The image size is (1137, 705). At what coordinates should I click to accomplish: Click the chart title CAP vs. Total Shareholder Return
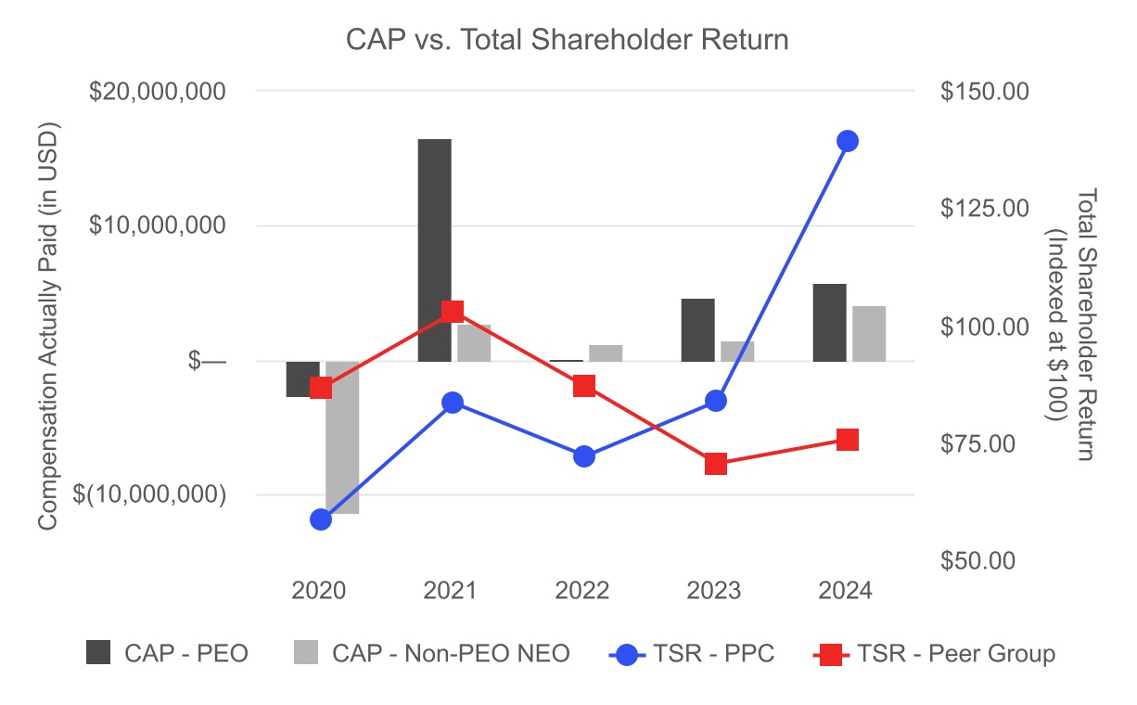(567, 41)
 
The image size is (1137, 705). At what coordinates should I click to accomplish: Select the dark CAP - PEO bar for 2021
(434, 250)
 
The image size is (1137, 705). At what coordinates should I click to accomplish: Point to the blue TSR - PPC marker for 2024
(848, 141)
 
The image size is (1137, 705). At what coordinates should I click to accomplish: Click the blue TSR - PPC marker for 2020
(321, 519)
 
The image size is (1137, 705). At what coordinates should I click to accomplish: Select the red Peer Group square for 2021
(453, 312)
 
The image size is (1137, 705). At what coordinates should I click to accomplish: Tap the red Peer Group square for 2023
(715, 464)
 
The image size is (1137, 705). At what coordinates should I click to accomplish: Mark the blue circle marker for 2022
(584, 456)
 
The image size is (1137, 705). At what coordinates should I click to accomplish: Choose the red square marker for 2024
(848, 440)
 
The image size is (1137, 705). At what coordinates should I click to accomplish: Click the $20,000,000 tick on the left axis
(159, 92)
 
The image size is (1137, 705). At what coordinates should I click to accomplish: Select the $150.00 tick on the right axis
(984, 92)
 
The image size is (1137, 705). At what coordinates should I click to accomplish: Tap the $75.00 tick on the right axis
(984, 443)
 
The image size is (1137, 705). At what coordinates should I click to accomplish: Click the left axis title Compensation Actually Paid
(49, 326)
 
